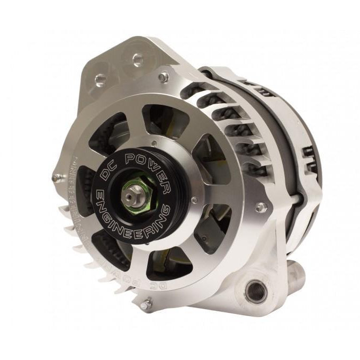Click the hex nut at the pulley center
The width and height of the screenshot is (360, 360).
pyautogui.click(x=131, y=197)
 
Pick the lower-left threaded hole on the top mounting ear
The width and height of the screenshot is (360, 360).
pyautogui.click(x=100, y=80)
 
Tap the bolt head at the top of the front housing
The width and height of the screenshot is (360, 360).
pyautogui.click(x=164, y=77)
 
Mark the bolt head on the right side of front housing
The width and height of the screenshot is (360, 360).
pyautogui.click(x=260, y=207)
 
